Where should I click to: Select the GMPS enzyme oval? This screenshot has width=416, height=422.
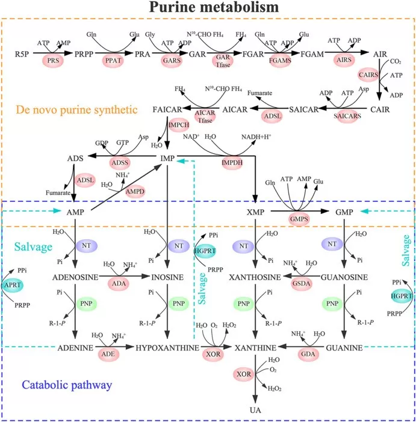click(x=299, y=220)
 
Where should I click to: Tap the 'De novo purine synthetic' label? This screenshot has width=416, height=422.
click(x=74, y=109)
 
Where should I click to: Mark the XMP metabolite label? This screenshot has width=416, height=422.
click(x=256, y=212)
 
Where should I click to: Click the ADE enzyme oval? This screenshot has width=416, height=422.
click(x=109, y=353)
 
